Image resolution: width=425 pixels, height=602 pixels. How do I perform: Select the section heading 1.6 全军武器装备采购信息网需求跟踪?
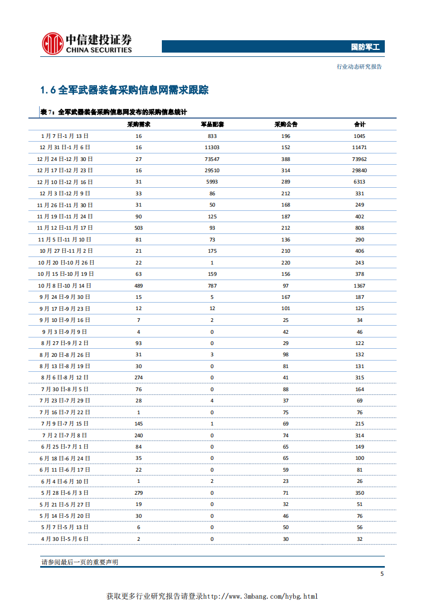pyautogui.click(x=124, y=90)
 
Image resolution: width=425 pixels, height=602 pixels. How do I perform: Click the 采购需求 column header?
pyautogui.click(x=138, y=124)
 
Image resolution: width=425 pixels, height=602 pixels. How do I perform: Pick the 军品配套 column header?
pyautogui.click(x=212, y=124)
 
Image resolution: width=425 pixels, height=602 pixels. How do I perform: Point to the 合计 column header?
pyautogui.click(x=359, y=124)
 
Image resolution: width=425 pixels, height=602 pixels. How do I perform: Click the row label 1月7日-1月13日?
pyautogui.click(x=65, y=136)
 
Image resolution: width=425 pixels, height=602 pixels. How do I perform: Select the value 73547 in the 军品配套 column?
pyautogui.click(x=212, y=159)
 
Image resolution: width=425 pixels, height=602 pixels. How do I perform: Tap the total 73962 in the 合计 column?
pyautogui.click(x=359, y=159)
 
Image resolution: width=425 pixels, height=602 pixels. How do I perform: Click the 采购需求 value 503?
pyautogui.click(x=138, y=228)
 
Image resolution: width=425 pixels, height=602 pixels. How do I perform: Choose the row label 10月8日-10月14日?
pyautogui.click(x=65, y=286)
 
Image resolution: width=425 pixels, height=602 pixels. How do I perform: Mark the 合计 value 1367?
pyautogui.click(x=359, y=286)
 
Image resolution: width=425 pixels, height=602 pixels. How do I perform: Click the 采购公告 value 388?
pyautogui.click(x=285, y=159)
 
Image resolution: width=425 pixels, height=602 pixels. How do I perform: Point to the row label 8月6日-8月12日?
pyautogui.click(x=65, y=378)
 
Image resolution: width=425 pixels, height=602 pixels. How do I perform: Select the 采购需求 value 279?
pyautogui.click(x=138, y=493)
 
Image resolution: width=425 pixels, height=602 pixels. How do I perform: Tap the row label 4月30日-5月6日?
pyautogui.click(x=65, y=539)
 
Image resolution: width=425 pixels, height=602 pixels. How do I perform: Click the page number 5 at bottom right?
pyautogui.click(x=382, y=574)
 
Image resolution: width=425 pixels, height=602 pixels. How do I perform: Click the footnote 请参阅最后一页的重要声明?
pyautogui.click(x=80, y=562)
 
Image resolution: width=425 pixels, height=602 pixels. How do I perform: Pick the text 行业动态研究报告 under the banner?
pyautogui.click(x=359, y=67)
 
